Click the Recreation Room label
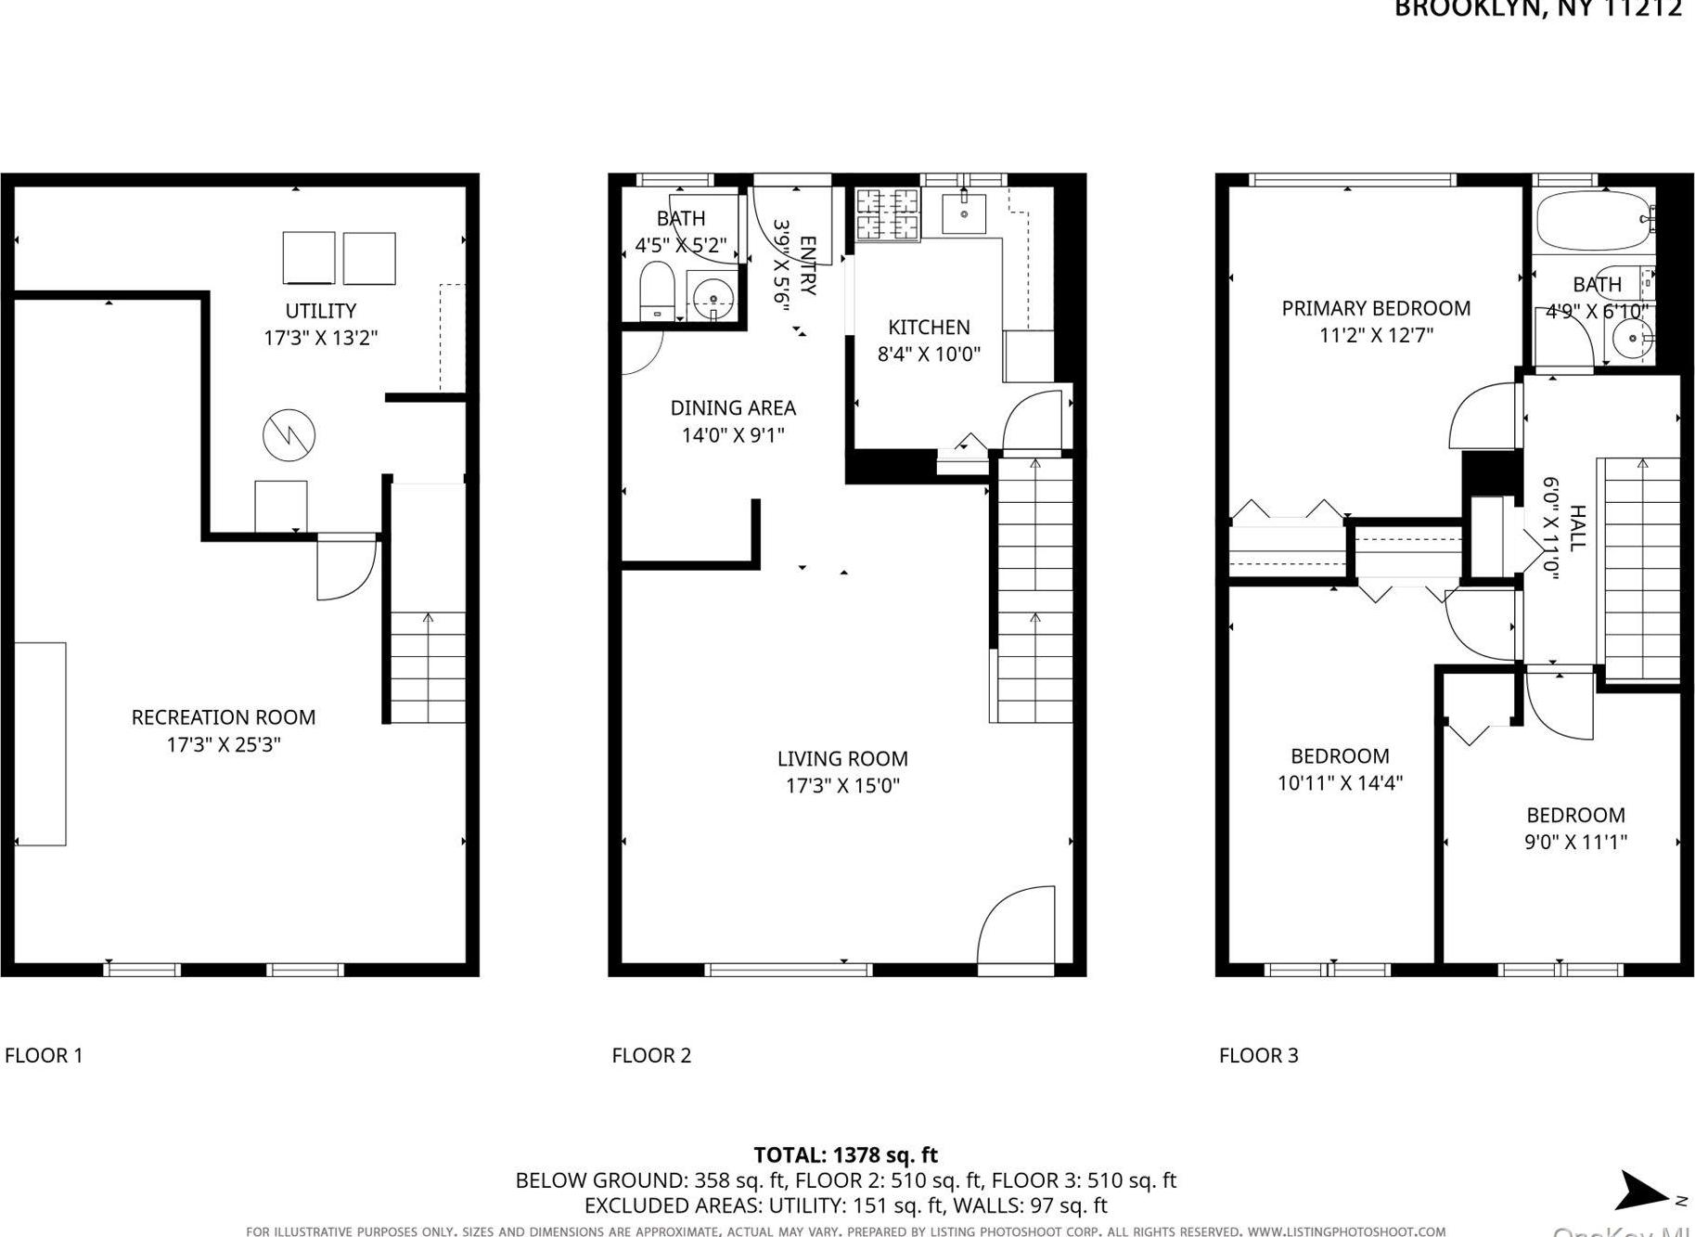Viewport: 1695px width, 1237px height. pyautogui.click(x=223, y=717)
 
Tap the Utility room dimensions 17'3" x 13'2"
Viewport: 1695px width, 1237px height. pyautogui.click(x=320, y=338)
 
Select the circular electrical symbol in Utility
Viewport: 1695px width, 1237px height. pyautogui.click(x=289, y=434)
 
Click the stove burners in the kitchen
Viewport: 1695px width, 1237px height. pyautogui.click(x=887, y=214)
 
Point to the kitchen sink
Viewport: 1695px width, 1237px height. pyautogui.click(x=964, y=214)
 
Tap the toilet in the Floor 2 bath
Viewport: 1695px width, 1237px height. pyautogui.click(x=657, y=290)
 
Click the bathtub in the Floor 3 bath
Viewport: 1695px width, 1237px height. pyautogui.click(x=1593, y=221)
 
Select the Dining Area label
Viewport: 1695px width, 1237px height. pyautogui.click(x=733, y=407)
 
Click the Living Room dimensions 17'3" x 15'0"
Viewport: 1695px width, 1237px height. pyautogui.click(x=842, y=786)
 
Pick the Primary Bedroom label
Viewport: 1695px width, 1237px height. pyautogui.click(x=1376, y=308)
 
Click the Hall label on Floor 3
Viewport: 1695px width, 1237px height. pyautogui.click(x=1576, y=528)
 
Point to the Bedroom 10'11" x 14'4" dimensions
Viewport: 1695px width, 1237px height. pyautogui.click(x=1340, y=783)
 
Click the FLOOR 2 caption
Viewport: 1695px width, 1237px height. pyautogui.click(x=651, y=1055)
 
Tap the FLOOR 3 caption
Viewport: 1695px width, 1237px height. pyautogui.click(x=1258, y=1055)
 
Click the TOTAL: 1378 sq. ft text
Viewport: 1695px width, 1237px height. pyautogui.click(x=845, y=1155)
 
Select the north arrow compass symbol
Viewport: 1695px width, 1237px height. pyautogui.click(x=1644, y=1192)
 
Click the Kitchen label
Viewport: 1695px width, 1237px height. pyautogui.click(x=929, y=328)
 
